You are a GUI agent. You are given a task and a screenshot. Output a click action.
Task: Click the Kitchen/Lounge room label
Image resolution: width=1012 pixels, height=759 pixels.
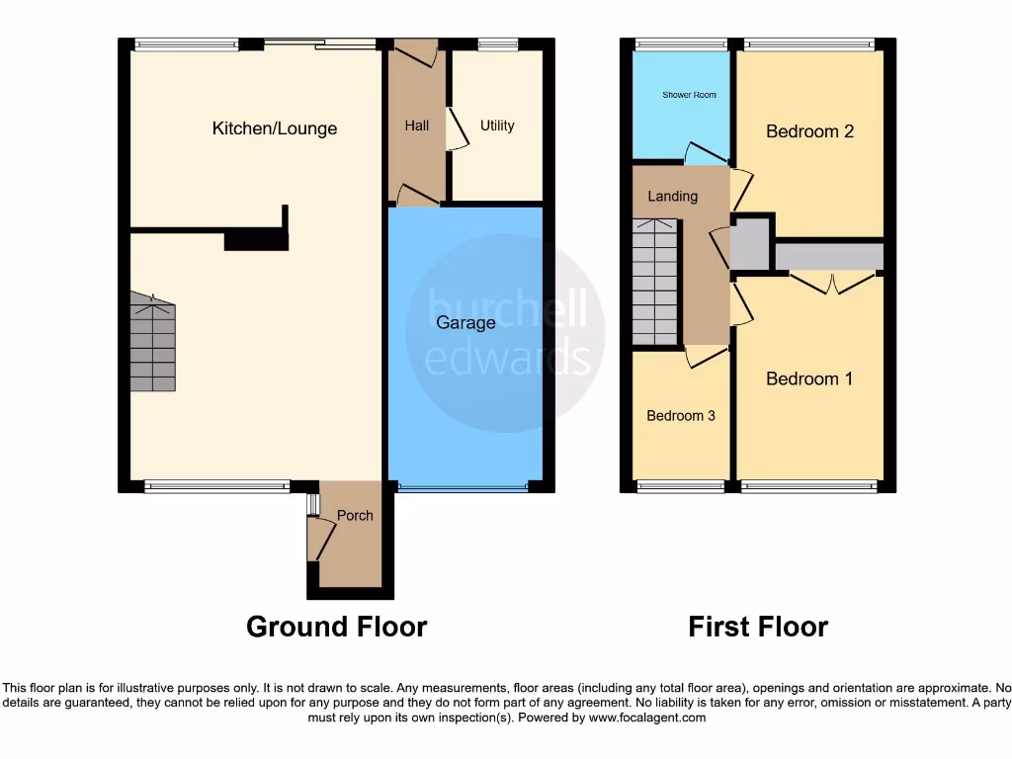[x=275, y=128]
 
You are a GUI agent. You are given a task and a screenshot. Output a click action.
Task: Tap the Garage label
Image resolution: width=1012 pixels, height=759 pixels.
[x=465, y=323]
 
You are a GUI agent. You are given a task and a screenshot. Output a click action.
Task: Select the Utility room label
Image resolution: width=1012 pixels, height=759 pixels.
[x=497, y=126]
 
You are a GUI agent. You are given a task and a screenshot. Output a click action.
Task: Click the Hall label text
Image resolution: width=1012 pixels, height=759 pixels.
[x=417, y=126]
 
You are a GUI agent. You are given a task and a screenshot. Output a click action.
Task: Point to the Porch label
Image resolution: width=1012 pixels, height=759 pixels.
[x=355, y=515]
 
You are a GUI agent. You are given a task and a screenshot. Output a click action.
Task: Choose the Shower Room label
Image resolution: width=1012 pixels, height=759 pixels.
[x=689, y=95]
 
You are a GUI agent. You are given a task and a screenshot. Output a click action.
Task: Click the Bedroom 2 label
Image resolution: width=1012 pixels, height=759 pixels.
[x=809, y=131]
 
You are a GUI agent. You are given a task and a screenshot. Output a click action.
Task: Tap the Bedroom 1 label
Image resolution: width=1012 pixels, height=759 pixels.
[x=809, y=379]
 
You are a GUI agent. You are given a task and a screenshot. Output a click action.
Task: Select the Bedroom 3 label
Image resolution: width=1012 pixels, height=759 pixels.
[x=681, y=416]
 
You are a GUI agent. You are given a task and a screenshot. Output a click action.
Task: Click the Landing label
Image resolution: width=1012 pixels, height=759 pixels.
[x=672, y=197]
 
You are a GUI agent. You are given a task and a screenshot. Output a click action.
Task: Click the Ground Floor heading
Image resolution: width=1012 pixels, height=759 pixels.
[x=336, y=627]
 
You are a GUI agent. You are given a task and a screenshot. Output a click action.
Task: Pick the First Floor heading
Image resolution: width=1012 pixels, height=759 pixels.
[x=758, y=627]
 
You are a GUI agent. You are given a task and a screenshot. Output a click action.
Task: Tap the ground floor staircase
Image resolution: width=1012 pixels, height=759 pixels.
[x=152, y=342]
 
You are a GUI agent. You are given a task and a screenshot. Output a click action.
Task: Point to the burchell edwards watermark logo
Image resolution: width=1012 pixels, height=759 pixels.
[x=506, y=332]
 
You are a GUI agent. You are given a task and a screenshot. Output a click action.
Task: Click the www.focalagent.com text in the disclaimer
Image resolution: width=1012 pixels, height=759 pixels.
[x=646, y=718]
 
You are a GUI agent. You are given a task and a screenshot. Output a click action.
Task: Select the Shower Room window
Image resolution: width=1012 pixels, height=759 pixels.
[x=680, y=44]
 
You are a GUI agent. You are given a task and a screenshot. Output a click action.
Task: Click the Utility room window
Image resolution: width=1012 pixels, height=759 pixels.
[x=497, y=44]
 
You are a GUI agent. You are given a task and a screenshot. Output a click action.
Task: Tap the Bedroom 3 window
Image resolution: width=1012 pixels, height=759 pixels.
[x=680, y=485]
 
